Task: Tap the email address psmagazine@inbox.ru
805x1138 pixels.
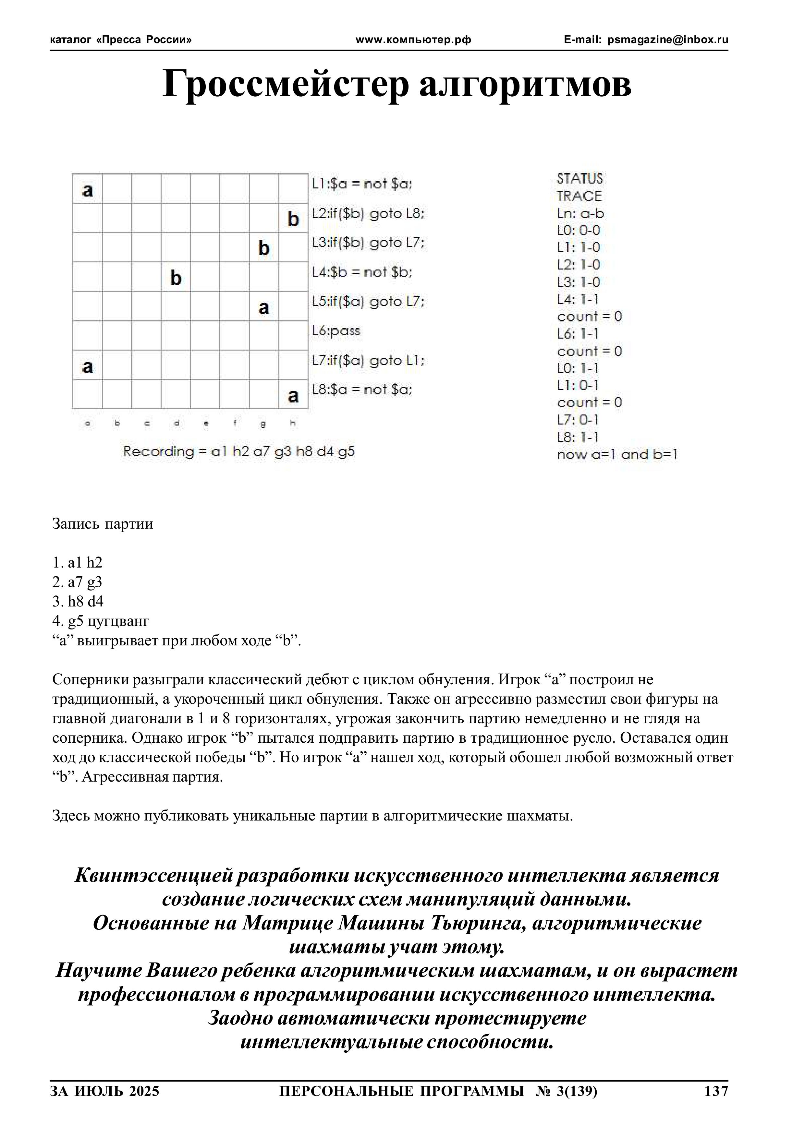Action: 668,40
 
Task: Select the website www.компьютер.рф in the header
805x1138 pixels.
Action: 413,40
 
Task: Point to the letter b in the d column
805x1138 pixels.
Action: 176,278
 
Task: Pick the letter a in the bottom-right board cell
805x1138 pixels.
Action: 293,396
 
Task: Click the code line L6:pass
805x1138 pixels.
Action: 336,331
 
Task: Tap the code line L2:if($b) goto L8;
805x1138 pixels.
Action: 368,214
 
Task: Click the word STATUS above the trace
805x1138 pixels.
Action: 579,178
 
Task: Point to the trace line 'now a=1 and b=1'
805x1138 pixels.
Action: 616,454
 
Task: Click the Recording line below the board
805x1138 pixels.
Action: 239,451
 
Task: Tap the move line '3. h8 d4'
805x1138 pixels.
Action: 79,601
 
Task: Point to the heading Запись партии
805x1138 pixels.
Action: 103,524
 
